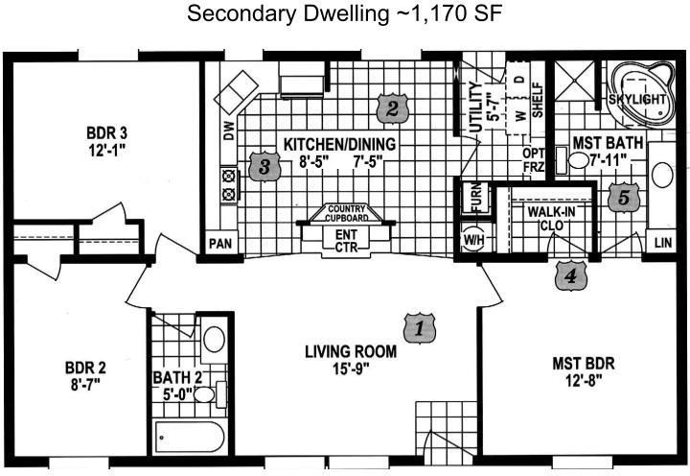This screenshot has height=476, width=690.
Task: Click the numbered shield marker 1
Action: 420,328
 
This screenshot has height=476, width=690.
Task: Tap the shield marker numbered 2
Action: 392,108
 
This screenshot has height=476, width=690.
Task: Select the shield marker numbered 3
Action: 264,167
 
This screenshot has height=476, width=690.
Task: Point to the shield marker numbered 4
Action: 571,275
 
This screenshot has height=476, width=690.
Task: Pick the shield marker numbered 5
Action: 624,197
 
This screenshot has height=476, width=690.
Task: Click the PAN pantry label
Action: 220,243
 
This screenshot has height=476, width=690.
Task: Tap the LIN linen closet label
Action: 663,242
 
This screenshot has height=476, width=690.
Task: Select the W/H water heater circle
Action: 474,240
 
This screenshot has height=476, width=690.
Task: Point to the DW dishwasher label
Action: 229,131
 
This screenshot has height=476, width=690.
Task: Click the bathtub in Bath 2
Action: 190,438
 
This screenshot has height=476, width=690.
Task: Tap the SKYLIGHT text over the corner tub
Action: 636,99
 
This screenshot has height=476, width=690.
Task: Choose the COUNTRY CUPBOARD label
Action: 346,213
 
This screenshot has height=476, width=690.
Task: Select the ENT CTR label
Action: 346,240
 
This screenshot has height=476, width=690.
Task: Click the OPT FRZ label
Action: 534,160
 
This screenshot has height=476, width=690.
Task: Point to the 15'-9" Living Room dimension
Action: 351,369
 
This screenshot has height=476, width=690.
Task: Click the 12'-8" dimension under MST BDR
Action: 584,379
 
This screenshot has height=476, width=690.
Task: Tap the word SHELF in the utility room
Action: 538,100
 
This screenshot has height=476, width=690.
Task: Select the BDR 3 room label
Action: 107,132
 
